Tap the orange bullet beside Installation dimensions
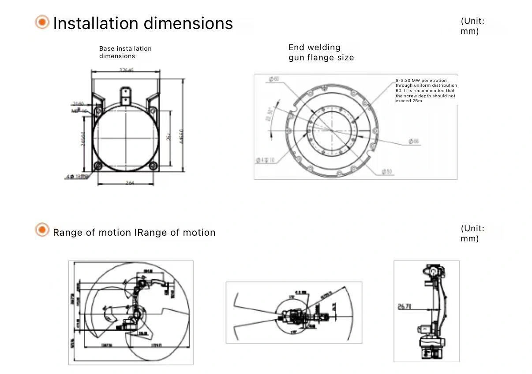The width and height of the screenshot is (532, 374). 42,22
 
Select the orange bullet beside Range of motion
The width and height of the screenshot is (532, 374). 42,230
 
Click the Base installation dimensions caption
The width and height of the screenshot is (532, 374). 125,52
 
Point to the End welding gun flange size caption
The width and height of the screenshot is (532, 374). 321,52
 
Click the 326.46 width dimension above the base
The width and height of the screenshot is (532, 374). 126,70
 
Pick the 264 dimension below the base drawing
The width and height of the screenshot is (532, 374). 129,183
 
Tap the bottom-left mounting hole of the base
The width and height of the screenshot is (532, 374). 98,166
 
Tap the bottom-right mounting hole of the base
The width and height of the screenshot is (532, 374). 153,166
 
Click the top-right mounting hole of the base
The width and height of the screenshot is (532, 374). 153,110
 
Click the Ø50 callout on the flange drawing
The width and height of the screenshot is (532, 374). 386,171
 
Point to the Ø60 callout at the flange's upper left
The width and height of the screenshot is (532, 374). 274,79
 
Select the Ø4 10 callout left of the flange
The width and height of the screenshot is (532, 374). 265,160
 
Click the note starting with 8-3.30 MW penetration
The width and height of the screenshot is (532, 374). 426,91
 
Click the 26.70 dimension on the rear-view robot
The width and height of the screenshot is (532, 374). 405,306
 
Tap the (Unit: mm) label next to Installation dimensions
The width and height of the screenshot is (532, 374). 472,26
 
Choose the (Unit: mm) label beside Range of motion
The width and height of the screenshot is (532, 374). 472,233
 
